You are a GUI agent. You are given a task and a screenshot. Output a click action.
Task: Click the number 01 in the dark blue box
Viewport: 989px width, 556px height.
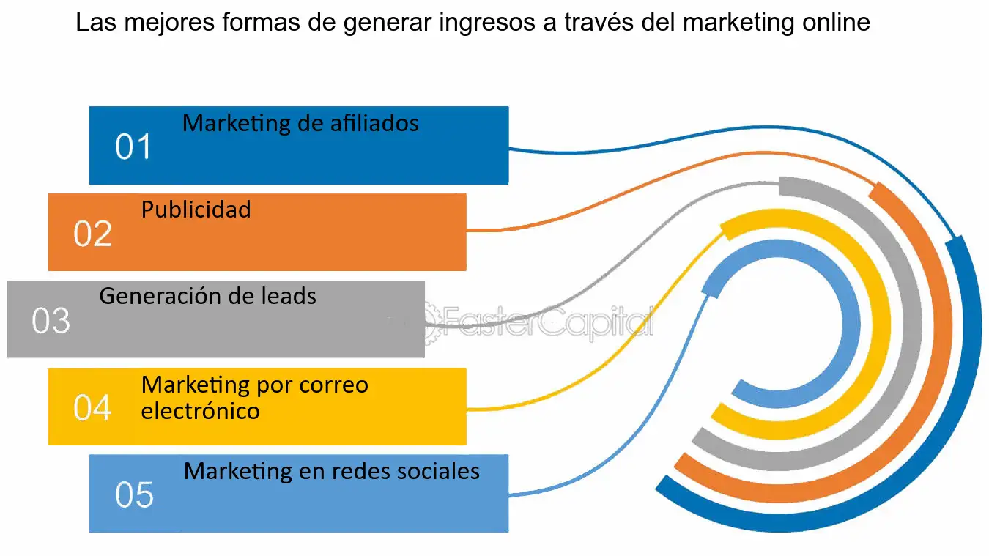pos(133,147)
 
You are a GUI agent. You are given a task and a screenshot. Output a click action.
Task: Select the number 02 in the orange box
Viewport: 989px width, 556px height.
pos(92,234)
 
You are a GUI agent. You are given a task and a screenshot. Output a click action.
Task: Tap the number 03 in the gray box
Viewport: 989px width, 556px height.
pos(51,321)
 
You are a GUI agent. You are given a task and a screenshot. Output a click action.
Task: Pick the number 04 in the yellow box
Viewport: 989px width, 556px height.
pos(92,408)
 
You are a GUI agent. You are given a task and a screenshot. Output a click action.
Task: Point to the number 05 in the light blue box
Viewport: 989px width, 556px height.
pos(134,495)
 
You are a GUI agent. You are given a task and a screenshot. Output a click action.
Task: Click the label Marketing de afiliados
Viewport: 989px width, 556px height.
pos(300,123)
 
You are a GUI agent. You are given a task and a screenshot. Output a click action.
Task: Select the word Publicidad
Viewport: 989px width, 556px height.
pos(196,210)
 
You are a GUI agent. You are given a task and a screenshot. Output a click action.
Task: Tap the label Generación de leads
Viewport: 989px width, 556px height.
pos(207,297)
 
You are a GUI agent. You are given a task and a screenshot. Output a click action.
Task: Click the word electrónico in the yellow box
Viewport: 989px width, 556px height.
pos(200,411)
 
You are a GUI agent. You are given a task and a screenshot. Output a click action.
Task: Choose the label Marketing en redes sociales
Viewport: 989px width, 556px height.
pos(331,471)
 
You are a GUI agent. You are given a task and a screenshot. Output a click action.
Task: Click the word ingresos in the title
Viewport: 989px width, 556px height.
pos(479,23)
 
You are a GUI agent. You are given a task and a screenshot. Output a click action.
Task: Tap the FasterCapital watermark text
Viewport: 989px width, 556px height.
pos(542,323)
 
